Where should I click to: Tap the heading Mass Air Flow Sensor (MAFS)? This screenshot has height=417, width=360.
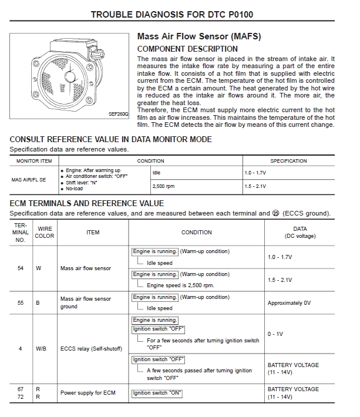[x=198, y=36]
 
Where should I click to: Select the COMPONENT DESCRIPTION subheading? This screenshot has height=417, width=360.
[x=187, y=49]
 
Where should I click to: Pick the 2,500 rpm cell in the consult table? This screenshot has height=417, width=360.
[x=164, y=186]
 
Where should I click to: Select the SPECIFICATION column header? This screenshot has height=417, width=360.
[x=288, y=161]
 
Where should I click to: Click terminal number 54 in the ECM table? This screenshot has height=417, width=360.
[x=21, y=268]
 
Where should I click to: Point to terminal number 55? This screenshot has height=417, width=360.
[x=21, y=303]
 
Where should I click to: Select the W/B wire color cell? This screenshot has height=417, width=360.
[x=41, y=348]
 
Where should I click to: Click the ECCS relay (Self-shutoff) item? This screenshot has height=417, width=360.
[x=91, y=348]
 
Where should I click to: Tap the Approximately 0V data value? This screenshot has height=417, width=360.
[x=289, y=303]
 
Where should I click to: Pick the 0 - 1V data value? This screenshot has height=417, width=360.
[x=275, y=334]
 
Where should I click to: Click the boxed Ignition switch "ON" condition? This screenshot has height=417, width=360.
[x=157, y=393]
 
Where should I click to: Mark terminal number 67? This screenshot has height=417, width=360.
[x=21, y=389]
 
